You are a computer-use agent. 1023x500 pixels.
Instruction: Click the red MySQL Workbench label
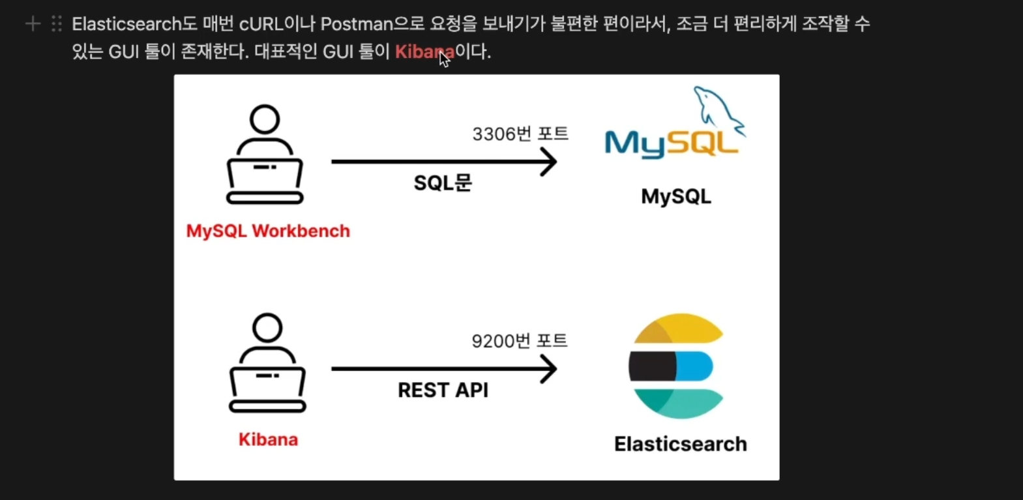pos(268,231)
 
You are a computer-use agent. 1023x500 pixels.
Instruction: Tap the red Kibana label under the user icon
pos(268,439)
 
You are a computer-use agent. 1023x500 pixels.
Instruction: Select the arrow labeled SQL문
pos(443,162)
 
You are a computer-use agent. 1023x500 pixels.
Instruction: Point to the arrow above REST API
pos(443,369)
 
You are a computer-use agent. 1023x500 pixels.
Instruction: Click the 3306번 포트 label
pos(520,134)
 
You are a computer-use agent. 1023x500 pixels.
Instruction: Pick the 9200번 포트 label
pos(520,341)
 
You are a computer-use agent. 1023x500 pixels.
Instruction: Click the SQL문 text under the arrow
pos(443,183)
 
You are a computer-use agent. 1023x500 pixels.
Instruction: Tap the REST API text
pos(443,390)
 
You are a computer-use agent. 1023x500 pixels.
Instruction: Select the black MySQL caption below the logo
pos(676,196)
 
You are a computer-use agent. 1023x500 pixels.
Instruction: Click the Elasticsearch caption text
pos(680,444)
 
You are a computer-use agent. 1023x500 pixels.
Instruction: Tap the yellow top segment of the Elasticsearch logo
pos(678,328)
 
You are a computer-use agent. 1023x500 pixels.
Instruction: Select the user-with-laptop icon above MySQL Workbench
pos(265,155)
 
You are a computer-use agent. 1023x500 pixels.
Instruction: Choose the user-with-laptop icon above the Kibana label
pos(267,363)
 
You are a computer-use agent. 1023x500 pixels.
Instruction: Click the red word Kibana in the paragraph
pos(424,51)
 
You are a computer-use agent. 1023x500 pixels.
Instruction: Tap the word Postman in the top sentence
pos(356,24)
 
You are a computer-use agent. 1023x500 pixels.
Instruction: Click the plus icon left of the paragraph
pos(33,24)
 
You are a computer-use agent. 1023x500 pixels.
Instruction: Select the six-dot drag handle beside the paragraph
pos(57,24)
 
